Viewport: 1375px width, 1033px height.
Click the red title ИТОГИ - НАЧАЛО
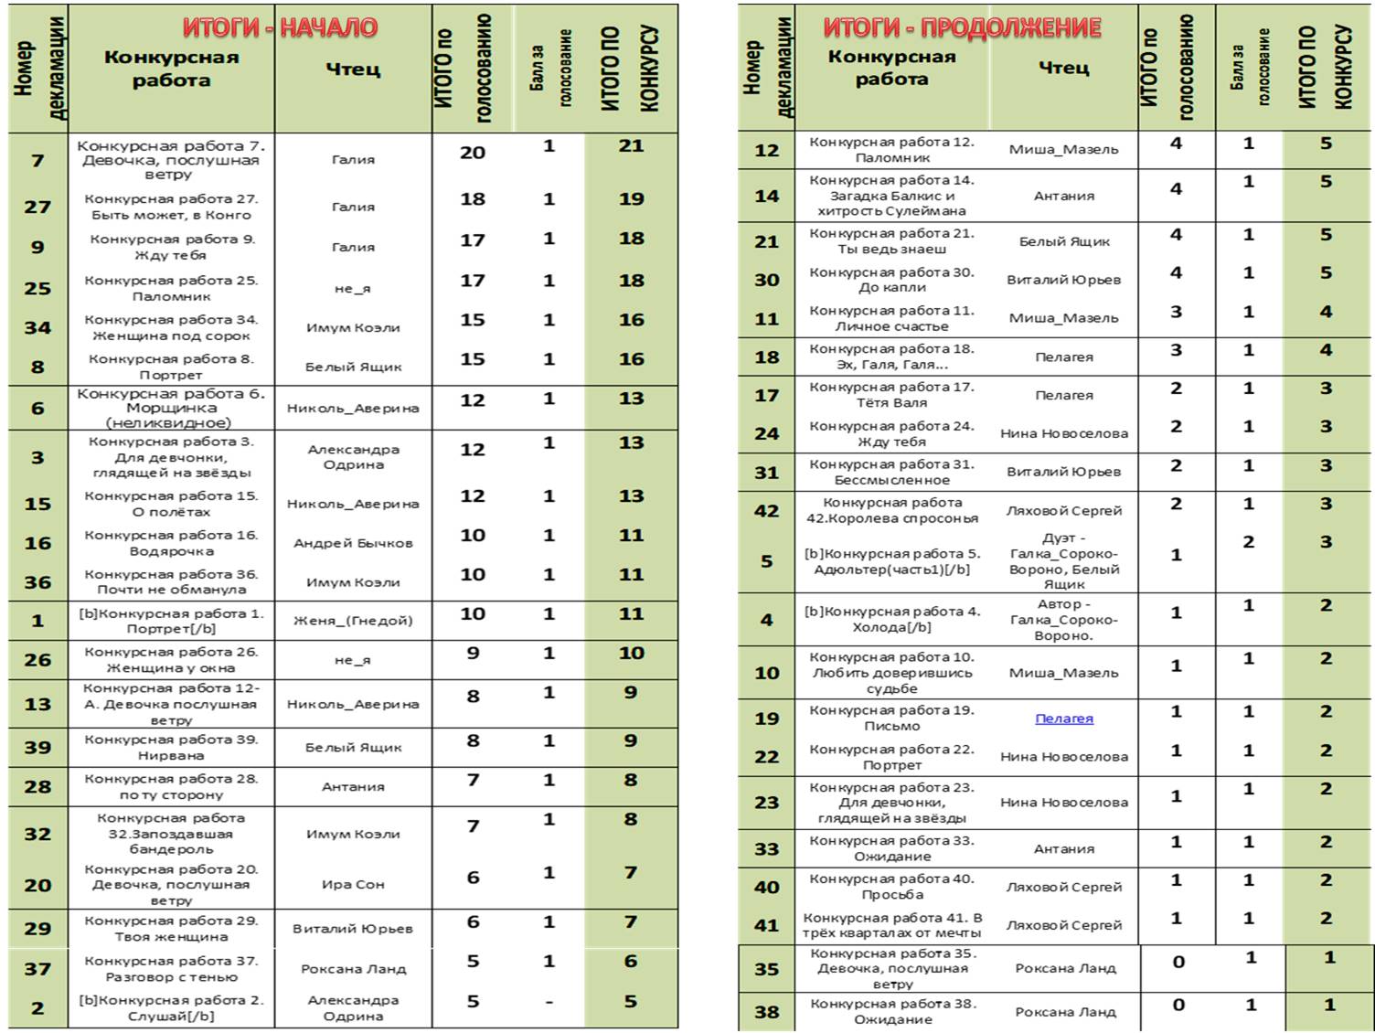click(280, 27)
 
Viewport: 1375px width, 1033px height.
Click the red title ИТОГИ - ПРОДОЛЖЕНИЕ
click(962, 28)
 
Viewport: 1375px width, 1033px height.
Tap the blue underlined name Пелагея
click(1063, 719)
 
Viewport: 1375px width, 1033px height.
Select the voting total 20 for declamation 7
click(472, 153)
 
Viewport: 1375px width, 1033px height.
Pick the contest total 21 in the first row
click(631, 146)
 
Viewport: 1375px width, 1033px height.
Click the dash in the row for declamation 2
click(549, 1002)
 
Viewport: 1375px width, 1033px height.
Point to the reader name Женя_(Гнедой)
click(353, 621)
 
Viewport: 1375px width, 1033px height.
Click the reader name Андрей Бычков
click(353, 543)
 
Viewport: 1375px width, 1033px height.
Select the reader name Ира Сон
click(353, 885)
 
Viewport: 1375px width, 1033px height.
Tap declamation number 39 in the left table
click(37, 748)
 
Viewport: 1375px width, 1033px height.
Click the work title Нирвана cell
click(171, 748)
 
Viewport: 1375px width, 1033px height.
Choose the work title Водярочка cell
click(171, 543)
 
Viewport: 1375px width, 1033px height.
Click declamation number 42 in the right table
click(766, 511)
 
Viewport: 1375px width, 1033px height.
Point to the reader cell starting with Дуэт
click(1063, 561)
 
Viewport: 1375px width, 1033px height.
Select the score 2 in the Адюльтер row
click(1248, 542)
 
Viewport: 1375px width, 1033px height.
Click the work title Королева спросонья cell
click(891, 510)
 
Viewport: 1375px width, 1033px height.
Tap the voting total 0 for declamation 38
click(1178, 1005)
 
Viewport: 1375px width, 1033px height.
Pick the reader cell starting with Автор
click(1063, 620)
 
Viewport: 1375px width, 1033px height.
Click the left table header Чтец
click(353, 69)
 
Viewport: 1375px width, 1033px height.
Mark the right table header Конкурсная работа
click(891, 68)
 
